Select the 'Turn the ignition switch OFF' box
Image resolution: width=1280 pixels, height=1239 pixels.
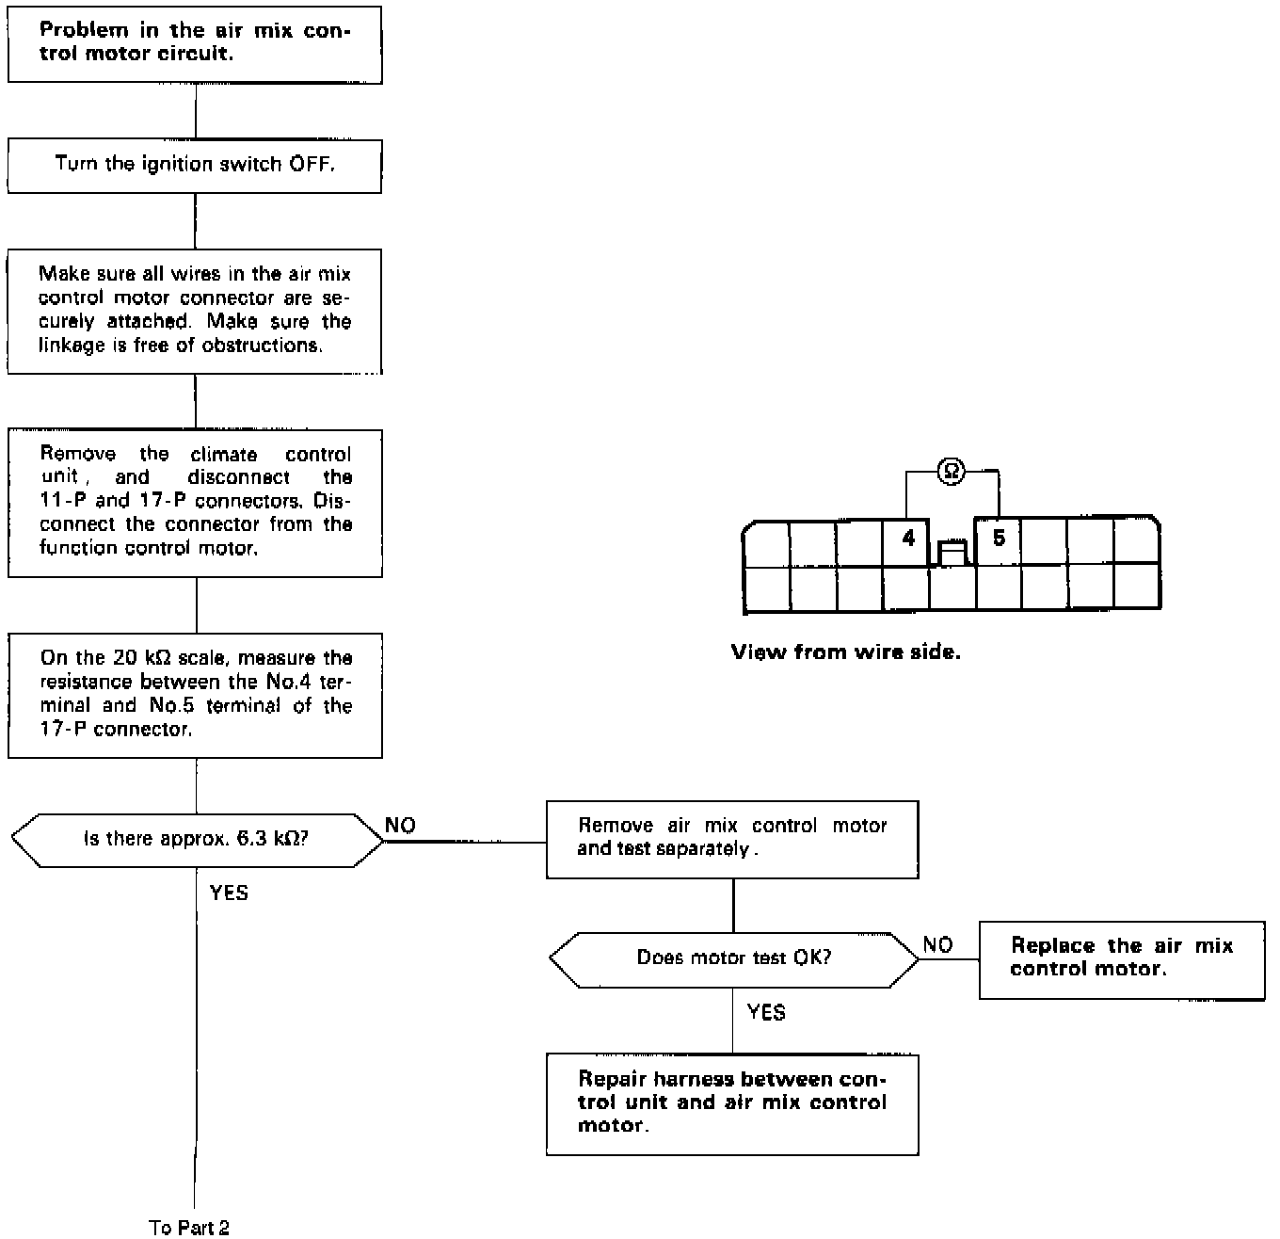195,166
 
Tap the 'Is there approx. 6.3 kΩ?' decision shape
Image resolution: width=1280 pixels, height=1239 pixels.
197,839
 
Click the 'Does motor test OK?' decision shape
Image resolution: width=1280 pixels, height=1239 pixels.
733,959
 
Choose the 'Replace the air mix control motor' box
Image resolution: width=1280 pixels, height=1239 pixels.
1121,958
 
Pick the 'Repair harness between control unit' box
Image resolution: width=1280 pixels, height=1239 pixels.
732,1103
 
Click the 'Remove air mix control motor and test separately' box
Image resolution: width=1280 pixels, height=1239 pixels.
732,838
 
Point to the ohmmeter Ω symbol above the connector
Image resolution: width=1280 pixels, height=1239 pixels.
952,472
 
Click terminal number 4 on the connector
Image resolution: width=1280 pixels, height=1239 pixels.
907,539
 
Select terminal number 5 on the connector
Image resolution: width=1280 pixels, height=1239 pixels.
999,539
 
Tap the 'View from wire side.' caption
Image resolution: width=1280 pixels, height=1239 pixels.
845,652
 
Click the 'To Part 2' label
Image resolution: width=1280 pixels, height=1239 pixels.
189,1227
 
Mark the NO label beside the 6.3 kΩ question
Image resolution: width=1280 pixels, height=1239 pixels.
401,826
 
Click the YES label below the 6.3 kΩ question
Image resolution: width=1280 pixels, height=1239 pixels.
229,893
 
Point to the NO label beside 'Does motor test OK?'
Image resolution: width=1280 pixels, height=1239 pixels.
937,945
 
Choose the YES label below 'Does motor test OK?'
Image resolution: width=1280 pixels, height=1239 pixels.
766,1012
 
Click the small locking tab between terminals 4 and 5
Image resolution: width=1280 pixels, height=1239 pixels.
952,554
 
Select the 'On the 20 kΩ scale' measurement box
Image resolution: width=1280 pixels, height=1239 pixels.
195,695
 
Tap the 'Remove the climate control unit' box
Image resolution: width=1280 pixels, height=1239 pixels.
195,502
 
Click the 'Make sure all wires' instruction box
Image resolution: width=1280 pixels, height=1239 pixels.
195,311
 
